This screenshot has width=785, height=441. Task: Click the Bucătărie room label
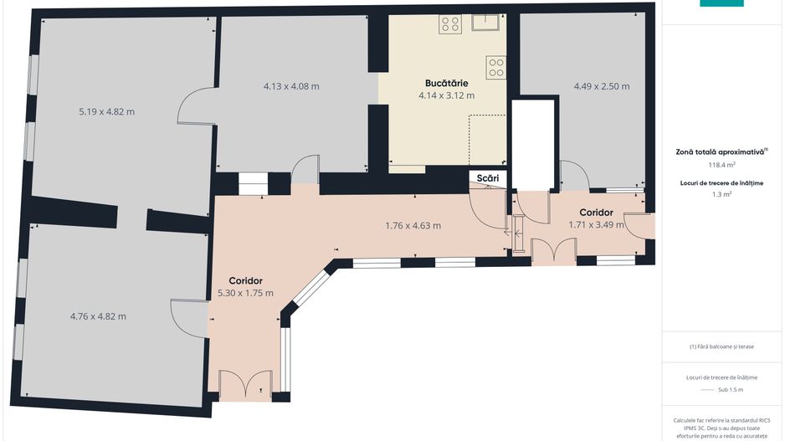coord(447,83)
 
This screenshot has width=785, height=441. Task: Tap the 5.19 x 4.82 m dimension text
coord(106,111)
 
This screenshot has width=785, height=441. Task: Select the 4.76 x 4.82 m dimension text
coord(98,316)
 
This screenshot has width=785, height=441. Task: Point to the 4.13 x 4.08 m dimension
coord(291,86)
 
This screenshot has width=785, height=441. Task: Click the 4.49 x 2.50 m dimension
coord(602,86)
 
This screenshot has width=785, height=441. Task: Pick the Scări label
coord(488,178)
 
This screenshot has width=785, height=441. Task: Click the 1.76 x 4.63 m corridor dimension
coord(413,226)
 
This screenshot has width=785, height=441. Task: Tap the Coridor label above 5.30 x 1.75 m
coord(245,281)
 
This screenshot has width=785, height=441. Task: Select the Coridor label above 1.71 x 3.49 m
coord(596,213)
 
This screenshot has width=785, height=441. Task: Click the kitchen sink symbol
coord(485,23)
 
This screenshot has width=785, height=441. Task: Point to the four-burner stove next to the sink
coord(450,24)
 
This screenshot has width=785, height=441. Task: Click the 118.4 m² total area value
coord(721,165)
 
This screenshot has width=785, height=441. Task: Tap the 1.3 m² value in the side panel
coord(721,194)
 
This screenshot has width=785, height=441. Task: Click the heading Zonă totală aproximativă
coord(720,151)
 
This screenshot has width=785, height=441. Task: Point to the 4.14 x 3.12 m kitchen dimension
coord(447,95)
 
